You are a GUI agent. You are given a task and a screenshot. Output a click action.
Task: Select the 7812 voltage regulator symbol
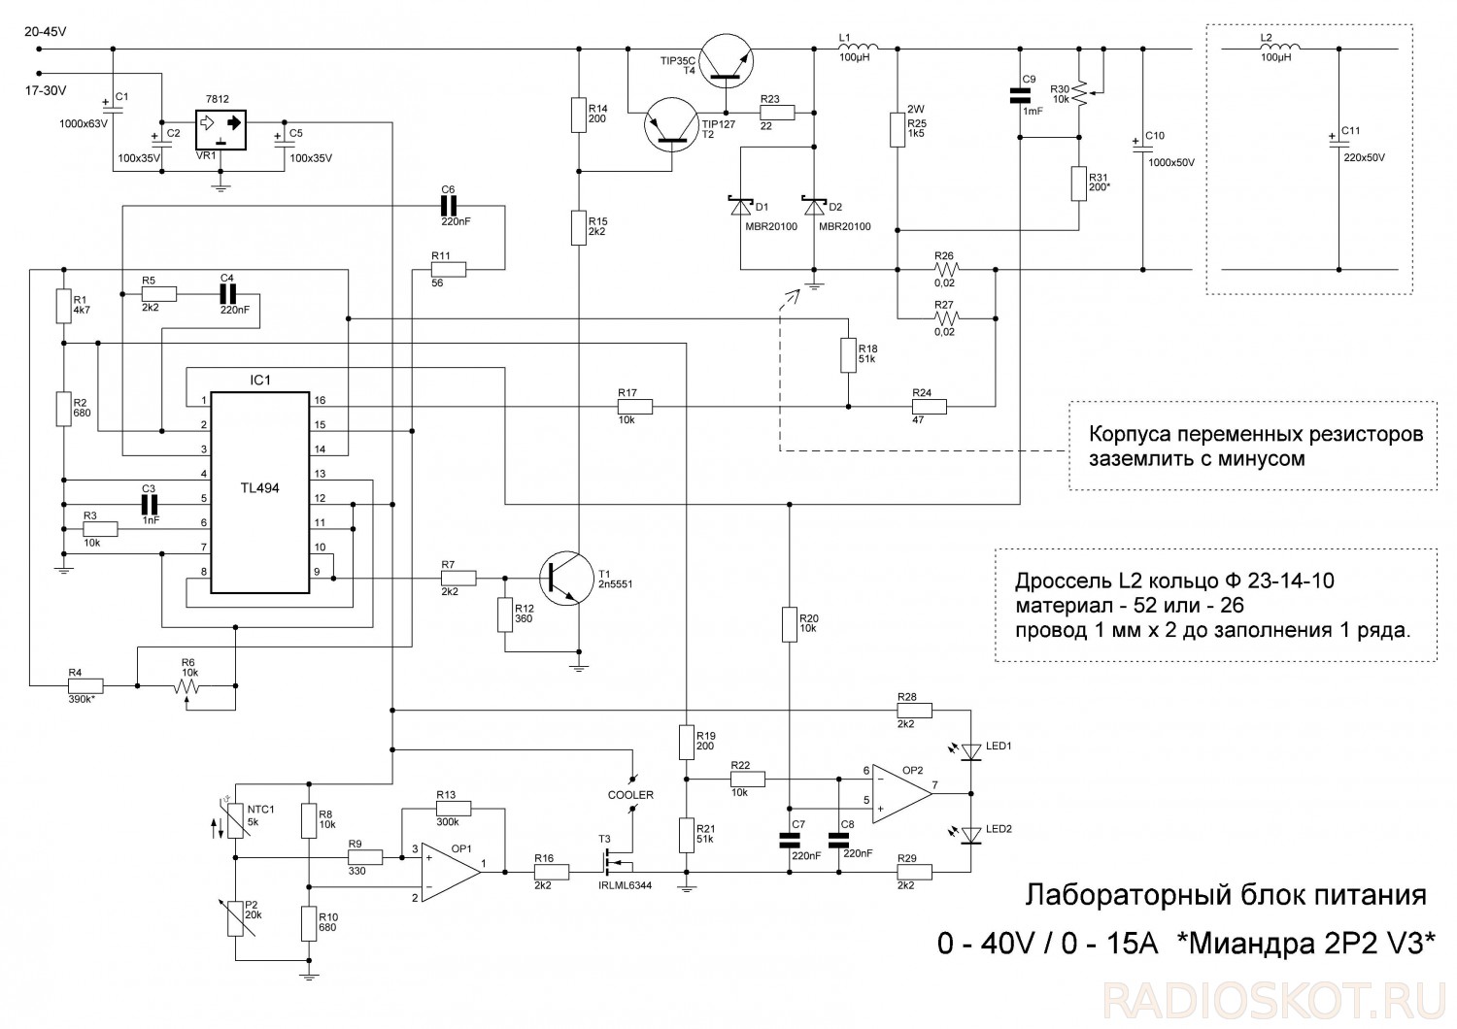click(x=220, y=127)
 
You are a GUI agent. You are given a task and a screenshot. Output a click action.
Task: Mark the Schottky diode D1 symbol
click(x=739, y=207)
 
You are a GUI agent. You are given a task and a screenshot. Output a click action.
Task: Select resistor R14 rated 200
click(x=578, y=115)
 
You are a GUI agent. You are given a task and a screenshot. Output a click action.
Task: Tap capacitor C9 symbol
click(x=1019, y=95)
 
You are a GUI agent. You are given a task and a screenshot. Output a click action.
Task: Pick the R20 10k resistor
click(x=788, y=624)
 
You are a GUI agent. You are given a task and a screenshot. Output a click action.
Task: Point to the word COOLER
click(x=630, y=794)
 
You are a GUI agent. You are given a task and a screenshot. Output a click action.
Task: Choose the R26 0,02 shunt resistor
click(x=944, y=268)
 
